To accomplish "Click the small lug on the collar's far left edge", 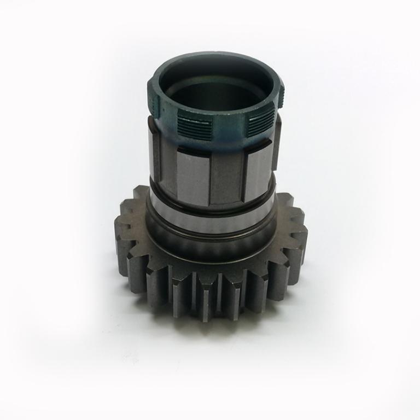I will (151, 101).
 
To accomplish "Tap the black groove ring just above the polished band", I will (213, 210).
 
